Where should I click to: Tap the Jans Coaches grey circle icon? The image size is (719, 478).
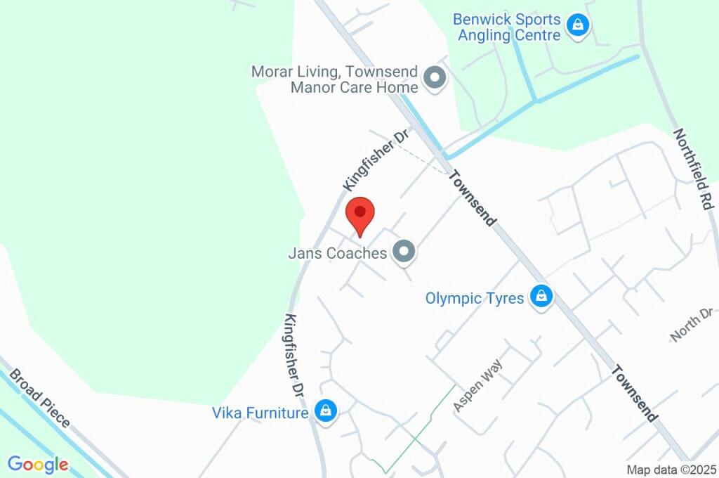pyautogui.click(x=403, y=252)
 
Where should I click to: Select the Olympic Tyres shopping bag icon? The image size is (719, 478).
pyautogui.click(x=541, y=297)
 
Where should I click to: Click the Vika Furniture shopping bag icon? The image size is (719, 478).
pyautogui.click(x=325, y=411)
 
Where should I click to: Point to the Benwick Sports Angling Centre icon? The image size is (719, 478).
pyautogui.click(x=577, y=26)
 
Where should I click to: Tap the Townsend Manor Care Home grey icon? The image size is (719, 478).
pyautogui.click(x=435, y=78)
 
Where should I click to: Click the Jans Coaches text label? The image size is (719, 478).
pyautogui.click(x=338, y=253)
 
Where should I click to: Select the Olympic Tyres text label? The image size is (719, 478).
pyautogui.click(x=475, y=298)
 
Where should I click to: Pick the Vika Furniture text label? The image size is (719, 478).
pyautogui.click(x=260, y=413)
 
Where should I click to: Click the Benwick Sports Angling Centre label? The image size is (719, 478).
pyautogui.click(x=509, y=27)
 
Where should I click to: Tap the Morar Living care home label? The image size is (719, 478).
pyautogui.click(x=336, y=79)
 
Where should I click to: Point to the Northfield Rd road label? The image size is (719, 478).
pyautogui.click(x=692, y=168)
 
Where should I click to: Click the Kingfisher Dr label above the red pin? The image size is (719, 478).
pyautogui.click(x=376, y=160)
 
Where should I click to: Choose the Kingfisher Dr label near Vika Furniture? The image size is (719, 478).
pyautogui.click(x=294, y=354)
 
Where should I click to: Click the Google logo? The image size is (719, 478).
pyautogui.click(x=38, y=465)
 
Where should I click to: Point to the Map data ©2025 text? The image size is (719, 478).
pyautogui.click(x=671, y=470)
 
